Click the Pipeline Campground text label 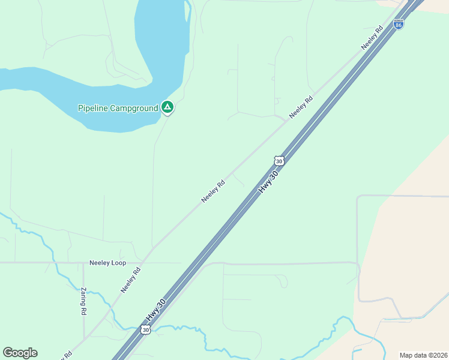pyautogui.click(x=118, y=108)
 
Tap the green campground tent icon pyautogui.click(x=167, y=107)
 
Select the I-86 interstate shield pyautogui.click(x=399, y=25)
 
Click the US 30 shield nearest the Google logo pyautogui.click(x=145, y=329)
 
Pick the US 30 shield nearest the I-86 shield pyautogui.click(x=279, y=161)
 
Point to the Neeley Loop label pyautogui.click(x=107, y=263)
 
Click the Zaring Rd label pyautogui.click(x=83, y=301)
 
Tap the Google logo pyautogui.click(x=20, y=353)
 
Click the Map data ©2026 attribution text pyautogui.click(x=423, y=355)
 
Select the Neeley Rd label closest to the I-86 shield pyautogui.click(x=372, y=38)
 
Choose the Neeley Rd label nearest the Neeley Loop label pyautogui.click(x=130, y=280)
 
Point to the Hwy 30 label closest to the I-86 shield pyautogui.click(x=268, y=181)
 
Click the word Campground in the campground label pyautogui.click(x=134, y=108)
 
